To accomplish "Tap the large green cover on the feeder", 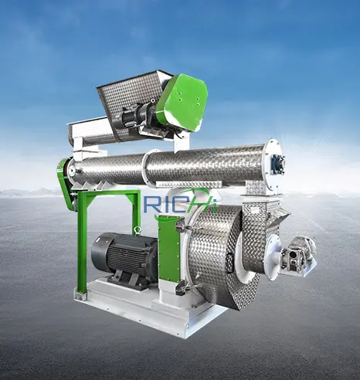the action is click(x=182, y=103).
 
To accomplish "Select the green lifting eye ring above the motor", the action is click(x=138, y=229).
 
